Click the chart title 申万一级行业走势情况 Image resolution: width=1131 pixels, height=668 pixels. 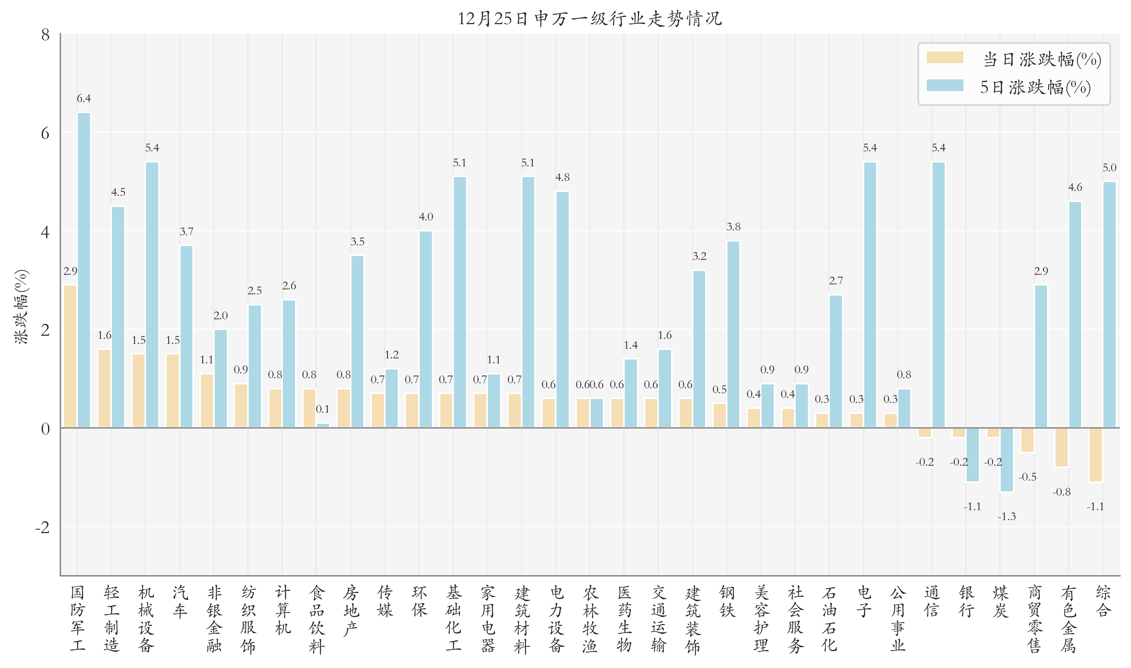point(589,19)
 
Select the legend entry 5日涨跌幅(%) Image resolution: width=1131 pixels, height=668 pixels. point(1035,87)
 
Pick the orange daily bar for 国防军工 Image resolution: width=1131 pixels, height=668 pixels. point(70,356)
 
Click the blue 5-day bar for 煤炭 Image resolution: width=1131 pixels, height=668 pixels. point(1007,460)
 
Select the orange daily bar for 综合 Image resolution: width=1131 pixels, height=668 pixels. point(1095,455)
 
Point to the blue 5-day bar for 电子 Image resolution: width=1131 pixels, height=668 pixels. point(870,295)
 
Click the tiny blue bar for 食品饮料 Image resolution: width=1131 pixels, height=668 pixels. point(323,425)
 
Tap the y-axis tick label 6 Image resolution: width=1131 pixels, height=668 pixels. point(45,133)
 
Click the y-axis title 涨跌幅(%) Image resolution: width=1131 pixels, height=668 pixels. point(21,307)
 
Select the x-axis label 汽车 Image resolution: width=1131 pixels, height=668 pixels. point(180,602)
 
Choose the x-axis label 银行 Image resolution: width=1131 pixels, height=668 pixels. point(966,602)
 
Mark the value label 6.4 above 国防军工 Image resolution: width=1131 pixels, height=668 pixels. point(84,98)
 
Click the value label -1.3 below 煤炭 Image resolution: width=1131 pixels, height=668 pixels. point(1006,517)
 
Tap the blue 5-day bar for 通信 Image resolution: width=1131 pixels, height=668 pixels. point(938,295)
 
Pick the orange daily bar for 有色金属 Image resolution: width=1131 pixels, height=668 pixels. point(1061,447)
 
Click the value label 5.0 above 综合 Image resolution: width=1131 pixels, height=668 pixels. point(1110,168)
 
